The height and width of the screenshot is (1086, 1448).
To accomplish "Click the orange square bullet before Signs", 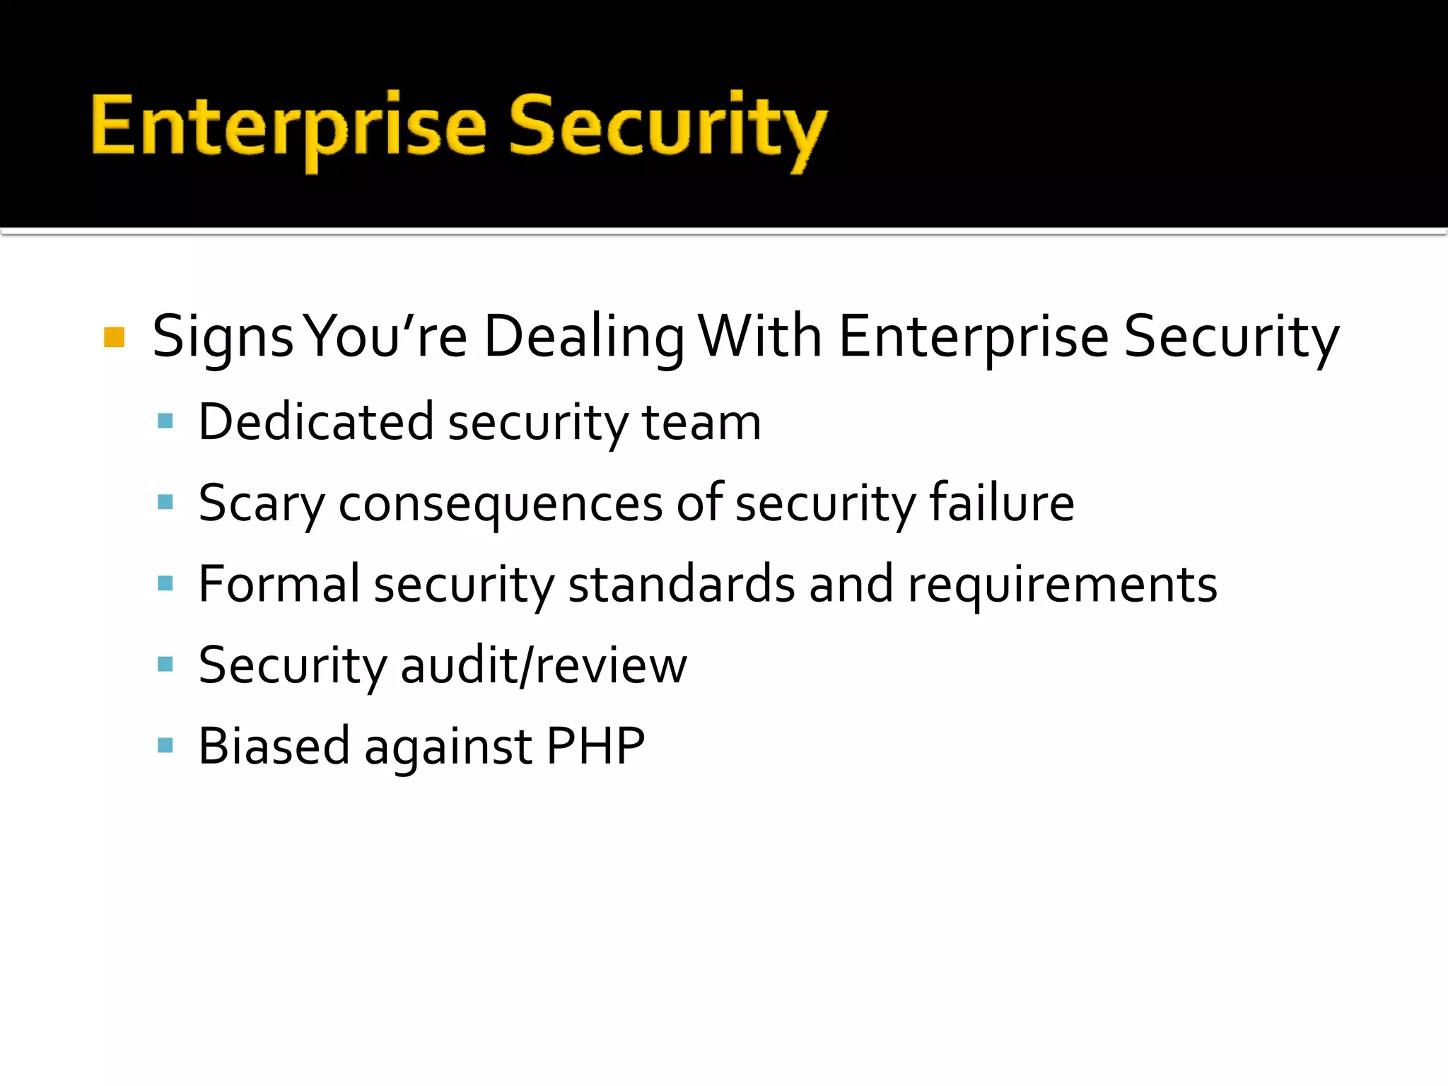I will click(x=114, y=337).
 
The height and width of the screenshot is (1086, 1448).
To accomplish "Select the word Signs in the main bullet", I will click(x=223, y=337).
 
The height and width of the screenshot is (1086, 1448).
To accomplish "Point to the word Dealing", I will click(x=584, y=337).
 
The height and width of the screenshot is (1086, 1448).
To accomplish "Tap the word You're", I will click(x=387, y=337).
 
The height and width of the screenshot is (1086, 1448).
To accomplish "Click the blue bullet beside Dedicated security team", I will click(x=165, y=421).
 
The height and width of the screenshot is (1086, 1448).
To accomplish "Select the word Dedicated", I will click(x=315, y=421).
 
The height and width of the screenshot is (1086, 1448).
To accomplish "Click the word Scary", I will click(x=261, y=503).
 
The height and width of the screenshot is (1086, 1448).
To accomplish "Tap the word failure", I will click(x=1001, y=502).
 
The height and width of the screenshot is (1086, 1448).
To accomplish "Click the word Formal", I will click(x=279, y=584).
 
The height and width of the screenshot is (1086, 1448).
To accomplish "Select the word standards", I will click(x=682, y=585).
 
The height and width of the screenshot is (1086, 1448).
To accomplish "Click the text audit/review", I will click(x=543, y=665).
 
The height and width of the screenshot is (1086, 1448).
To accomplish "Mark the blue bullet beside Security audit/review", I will click(x=165, y=665).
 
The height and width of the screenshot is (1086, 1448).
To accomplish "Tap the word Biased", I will click(x=274, y=746).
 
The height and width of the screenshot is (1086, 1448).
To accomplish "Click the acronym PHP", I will click(x=595, y=746).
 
